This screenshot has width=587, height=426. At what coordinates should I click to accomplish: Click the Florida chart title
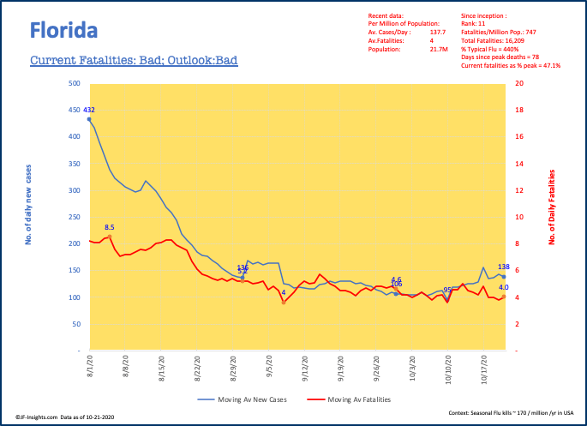(63, 30)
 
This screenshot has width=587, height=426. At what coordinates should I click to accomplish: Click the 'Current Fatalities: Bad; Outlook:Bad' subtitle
(134, 61)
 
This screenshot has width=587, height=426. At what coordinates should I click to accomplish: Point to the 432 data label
(88, 110)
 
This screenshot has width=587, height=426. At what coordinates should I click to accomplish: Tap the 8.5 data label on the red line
(110, 227)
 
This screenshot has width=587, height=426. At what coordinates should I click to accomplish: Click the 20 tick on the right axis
(520, 84)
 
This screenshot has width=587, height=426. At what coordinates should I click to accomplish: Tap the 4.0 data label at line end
(504, 287)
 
